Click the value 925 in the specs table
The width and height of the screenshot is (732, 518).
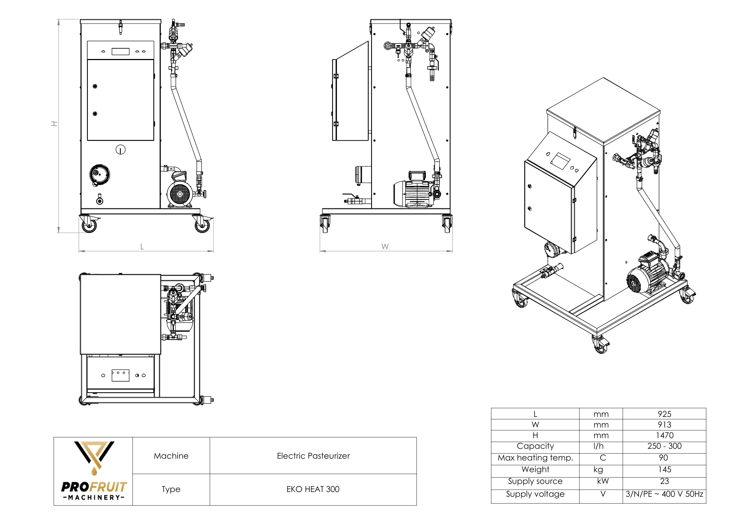tap(664, 414)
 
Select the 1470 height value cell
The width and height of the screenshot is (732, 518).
tap(664, 435)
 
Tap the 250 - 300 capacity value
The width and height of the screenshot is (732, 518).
tap(664, 446)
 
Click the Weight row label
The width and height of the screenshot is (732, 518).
tap(535, 469)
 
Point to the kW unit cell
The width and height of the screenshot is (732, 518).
tap(602, 481)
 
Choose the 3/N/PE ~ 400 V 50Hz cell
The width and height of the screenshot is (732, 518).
tap(664, 494)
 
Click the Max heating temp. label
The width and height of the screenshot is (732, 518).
tap(535, 458)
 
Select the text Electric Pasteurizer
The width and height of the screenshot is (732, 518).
tap(313, 456)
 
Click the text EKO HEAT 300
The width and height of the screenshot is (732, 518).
tap(313, 489)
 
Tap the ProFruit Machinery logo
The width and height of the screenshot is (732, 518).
tap(94, 471)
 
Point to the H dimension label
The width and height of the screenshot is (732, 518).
tap(55, 124)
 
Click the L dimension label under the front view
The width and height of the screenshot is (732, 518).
tap(142, 247)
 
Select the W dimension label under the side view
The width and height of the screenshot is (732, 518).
tap(385, 247)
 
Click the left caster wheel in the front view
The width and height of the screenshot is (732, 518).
tap(89, 225)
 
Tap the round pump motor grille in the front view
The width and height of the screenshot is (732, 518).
tap(180, 194)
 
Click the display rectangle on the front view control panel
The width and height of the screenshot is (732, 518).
tap(120, 52)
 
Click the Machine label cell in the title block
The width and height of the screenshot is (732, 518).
tap(171, 456)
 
